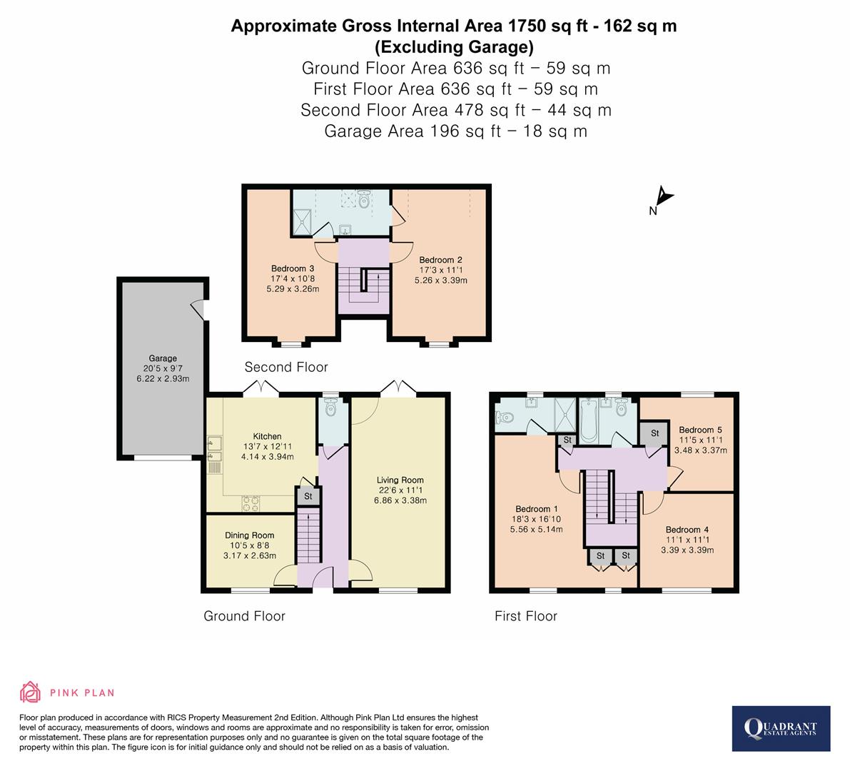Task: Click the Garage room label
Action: [x=163, y=358]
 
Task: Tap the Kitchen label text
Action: [x=268, y=436]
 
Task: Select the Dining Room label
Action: [x=249, y=535]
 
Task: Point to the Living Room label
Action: [x=400, y=480]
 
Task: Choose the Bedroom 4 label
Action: [x=687, y=530]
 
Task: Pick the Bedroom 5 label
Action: [x=700, y=430]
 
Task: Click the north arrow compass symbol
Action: [x=663, y=197]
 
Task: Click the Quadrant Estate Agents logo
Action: [x=781, y=728]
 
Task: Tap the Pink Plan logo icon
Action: [x=31, y=692]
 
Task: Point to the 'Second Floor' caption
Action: [x=286, y=367]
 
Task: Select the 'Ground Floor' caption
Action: [x=244, y=616]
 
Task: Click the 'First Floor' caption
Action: [x=526, y=616]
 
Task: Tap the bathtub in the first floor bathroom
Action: [x=589, y=420]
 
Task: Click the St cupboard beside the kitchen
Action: [x=308, y=496]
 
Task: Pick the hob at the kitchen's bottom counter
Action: [x=251, y=503]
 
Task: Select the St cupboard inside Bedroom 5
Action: [x=654, y=433]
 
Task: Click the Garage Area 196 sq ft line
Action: [x=455, y=131]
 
